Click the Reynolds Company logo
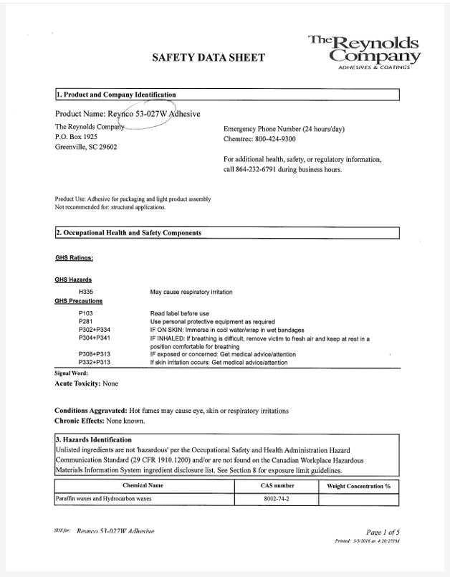365,51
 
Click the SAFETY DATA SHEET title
209,57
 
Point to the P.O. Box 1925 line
76,136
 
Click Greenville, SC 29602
86,147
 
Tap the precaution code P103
86,313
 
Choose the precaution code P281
86,322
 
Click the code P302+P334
94,330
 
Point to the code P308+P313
94,354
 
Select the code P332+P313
94,363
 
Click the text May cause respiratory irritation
191,292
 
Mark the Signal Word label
71,373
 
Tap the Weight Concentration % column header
358,486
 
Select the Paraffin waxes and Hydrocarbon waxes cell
104,498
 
